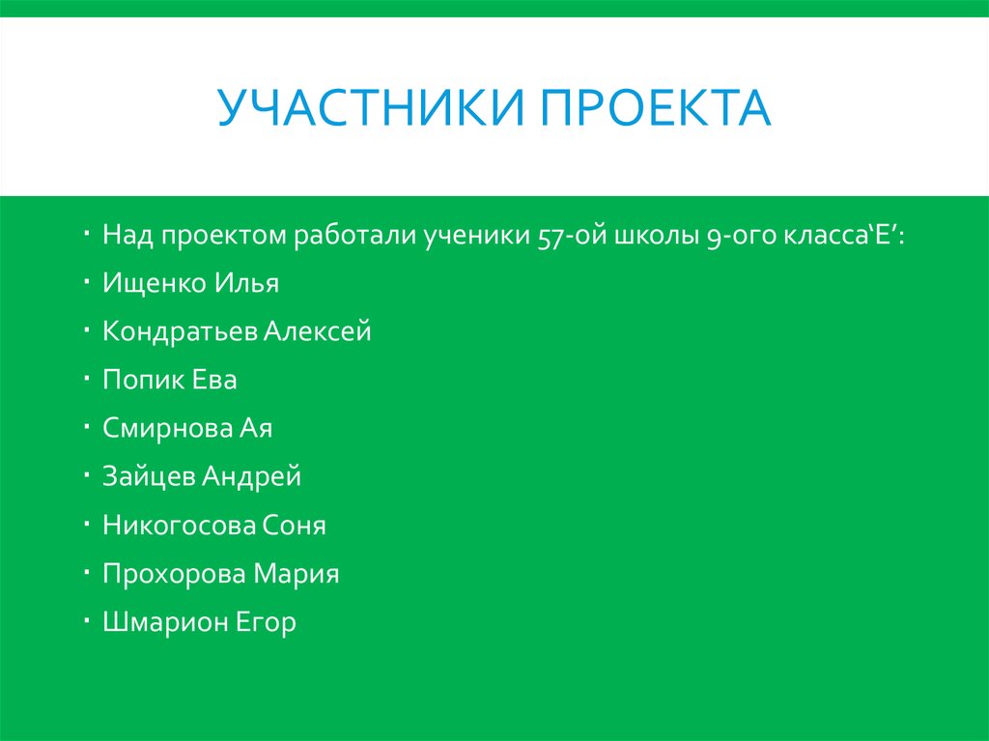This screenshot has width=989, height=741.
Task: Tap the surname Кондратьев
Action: [181, 332]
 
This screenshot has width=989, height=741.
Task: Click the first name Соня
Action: [295, 526]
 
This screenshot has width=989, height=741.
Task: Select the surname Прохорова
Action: [175, 574]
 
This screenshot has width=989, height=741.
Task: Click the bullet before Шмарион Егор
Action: [87, 617]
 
